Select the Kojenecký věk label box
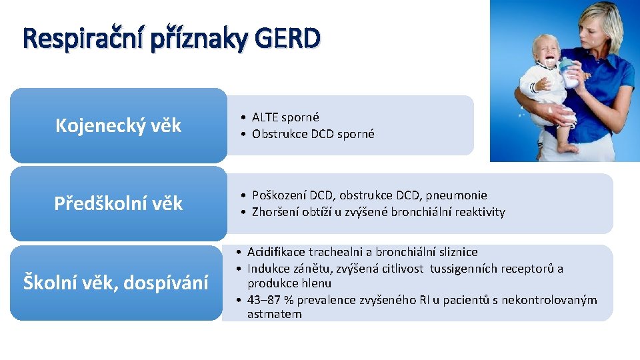(118, 125)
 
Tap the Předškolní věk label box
(118, 203)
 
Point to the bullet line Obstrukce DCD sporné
(313, 134)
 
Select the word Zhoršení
(276, 212)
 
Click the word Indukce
(267, 269)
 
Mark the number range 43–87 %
(271, 300)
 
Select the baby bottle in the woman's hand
(568, 73)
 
